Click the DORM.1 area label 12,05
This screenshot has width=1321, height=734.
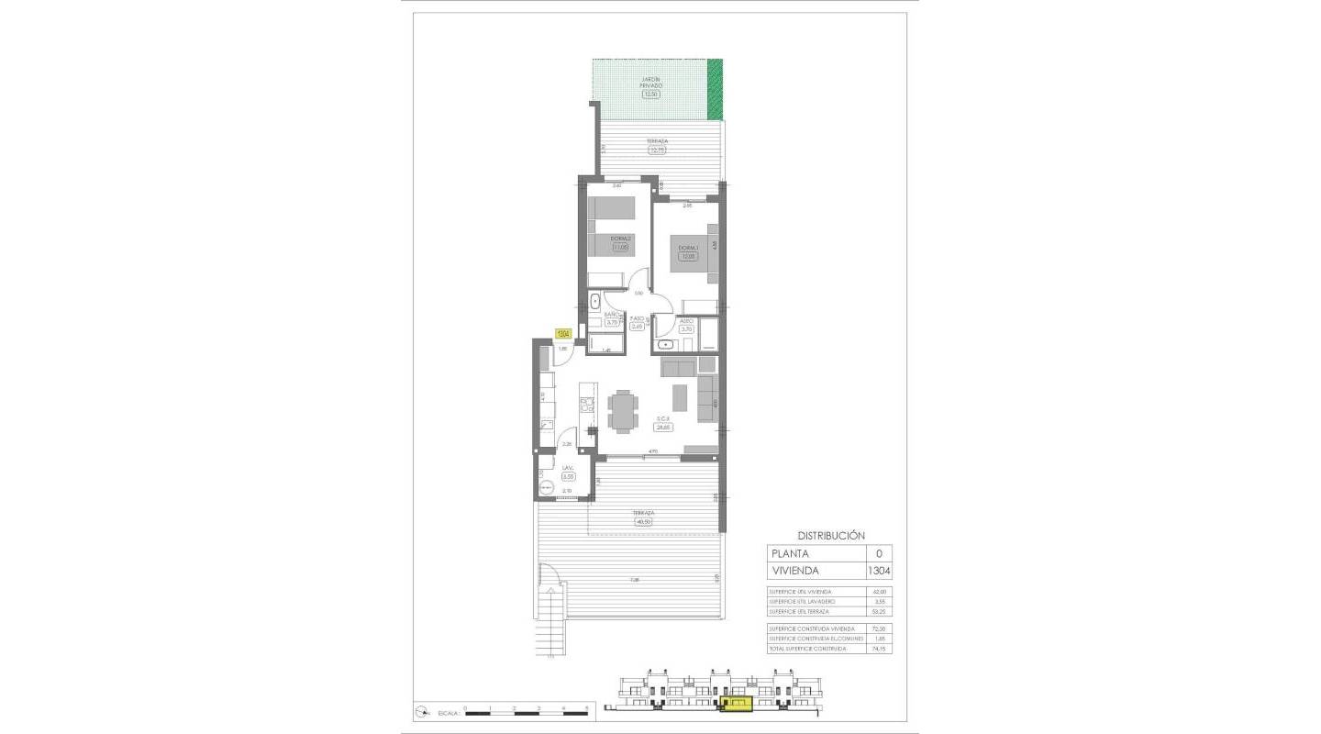(688, 257)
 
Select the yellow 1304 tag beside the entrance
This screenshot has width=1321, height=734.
(563, 334)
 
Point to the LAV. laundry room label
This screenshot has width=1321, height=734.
(568, 469)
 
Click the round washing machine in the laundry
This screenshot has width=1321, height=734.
(549, 488)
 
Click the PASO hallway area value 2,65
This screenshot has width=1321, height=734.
(638, 326)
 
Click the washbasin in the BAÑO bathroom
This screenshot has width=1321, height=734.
(595, 300)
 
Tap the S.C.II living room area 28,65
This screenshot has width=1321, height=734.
(662, 427)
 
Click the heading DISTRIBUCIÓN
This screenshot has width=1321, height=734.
(830, 535)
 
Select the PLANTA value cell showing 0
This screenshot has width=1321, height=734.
(879, 553)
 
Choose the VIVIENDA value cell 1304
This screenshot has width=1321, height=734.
(879, 571)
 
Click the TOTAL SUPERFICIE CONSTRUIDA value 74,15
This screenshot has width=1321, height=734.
(880, 649)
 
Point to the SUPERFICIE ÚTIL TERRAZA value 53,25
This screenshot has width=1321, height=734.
(880, 611)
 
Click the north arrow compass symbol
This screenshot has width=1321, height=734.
(423, 710)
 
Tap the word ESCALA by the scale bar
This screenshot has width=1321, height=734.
(448, 711)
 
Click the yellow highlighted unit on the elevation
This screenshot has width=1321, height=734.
(736, 704)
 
